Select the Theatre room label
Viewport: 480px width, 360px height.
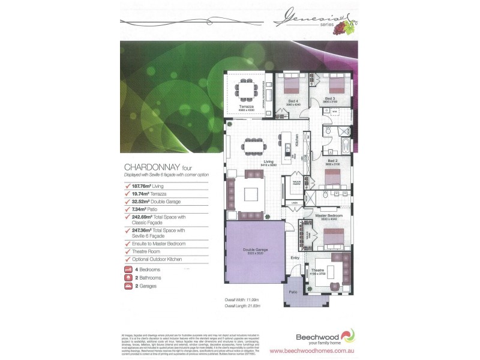point(317,271)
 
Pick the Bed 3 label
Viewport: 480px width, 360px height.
point(330,98)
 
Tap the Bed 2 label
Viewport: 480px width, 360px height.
point(332,161)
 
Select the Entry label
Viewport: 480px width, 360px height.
point(295,258)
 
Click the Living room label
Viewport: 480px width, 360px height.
point(269,162)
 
